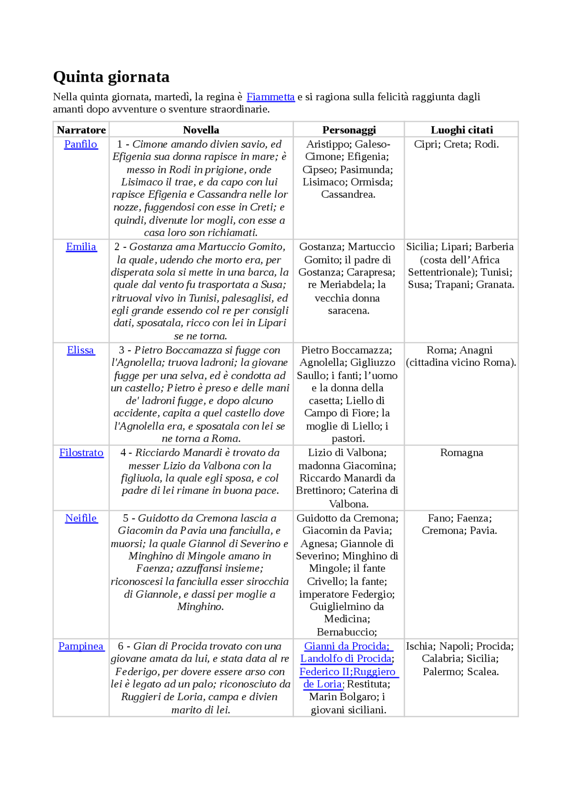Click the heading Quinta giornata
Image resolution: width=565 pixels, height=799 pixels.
(x=111, y=77)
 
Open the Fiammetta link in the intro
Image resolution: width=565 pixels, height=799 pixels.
(x=270, y=97)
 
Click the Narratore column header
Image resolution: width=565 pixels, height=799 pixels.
(x=81, y=130)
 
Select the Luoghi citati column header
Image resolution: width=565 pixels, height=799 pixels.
(x=461, y=130)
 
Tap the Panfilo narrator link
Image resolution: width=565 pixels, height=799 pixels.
(x=80, y=144)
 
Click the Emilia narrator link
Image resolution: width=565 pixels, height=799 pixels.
(x=81, y=247)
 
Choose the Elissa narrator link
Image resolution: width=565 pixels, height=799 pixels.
(x=80, y=350)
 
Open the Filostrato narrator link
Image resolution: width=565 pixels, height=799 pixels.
(x=81, y=453)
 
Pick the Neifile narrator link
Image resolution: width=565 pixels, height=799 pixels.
(x=81, y=518)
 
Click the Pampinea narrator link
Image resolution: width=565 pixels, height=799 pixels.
(x=81, y=646)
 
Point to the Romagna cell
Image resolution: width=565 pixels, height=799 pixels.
(x=461, y=453)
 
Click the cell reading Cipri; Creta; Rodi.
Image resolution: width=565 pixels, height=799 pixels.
(x=456, y=144)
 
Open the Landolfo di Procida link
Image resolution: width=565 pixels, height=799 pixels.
(x=347, y=659)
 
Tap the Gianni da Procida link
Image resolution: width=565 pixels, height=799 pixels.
(x=347, y=646)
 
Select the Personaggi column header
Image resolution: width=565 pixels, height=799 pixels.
(x=349, y=130)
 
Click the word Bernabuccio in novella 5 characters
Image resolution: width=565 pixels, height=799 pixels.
(x=346, y=632)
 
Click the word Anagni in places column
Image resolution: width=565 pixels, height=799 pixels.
(x=476, y=350)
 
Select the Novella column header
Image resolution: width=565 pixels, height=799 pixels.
(x=201, y=130)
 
